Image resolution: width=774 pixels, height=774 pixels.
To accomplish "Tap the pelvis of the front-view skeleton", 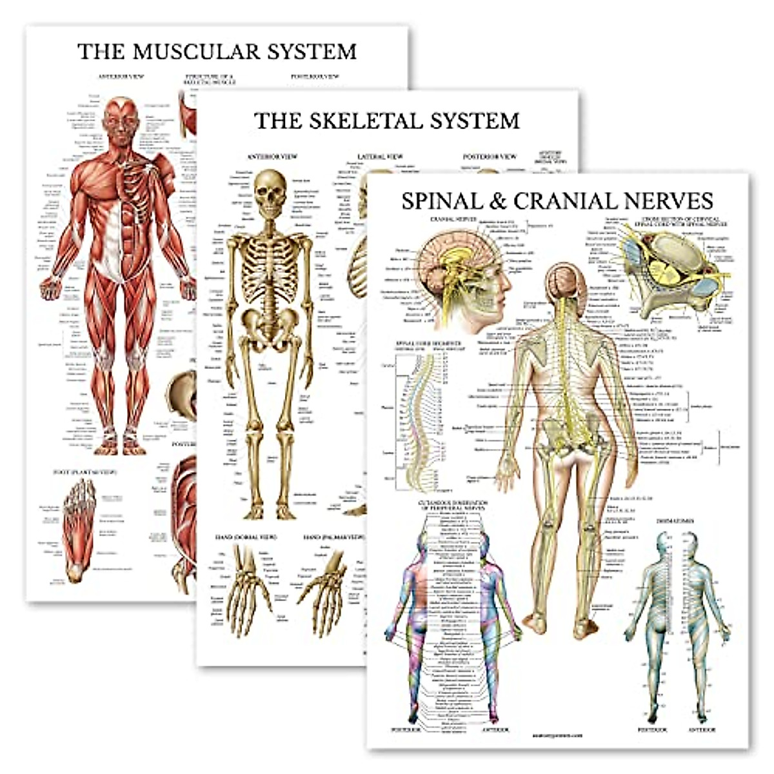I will [x=270, y=322].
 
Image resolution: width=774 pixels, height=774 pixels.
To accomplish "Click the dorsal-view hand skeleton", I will [x=245, y=587].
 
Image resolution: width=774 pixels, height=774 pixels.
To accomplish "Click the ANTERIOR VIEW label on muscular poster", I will [x=121, y=76].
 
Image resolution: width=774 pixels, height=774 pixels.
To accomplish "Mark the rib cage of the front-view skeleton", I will [x=270, y=258].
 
